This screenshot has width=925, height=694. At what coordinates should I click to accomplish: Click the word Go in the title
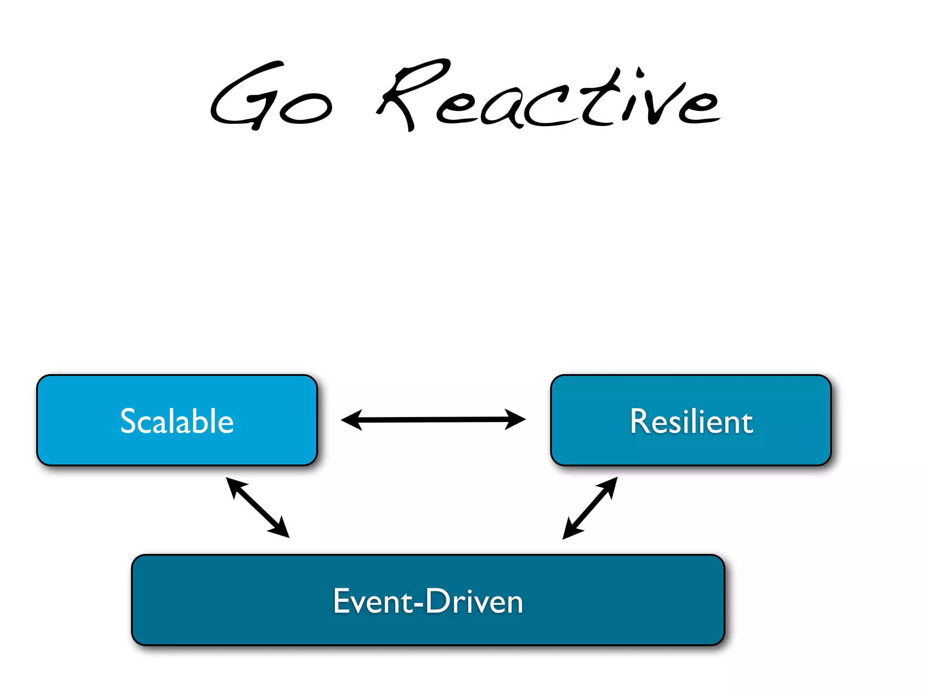click(x=271, y=97)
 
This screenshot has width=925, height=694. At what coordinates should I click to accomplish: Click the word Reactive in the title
click(x=549, y=97)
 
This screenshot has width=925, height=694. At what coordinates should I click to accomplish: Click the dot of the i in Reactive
click(x=640, y=72)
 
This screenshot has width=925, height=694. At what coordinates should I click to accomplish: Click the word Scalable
click(x=177, y=421)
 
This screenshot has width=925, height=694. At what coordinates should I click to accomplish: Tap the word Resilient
click(x=691, y=421)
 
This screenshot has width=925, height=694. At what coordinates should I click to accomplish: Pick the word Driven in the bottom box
click(x=474, y=601)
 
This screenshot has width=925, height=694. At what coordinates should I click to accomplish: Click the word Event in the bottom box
click(x=373, y=601)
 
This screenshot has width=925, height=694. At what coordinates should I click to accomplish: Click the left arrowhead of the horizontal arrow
click(x=352, y=420)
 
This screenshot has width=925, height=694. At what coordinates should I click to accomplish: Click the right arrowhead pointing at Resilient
click(x=515, y=419)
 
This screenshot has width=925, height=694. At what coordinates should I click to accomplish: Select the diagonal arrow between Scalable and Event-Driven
click(x=257, y=507)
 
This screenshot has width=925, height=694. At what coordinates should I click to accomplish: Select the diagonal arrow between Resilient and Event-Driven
click(x=590, y=508)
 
